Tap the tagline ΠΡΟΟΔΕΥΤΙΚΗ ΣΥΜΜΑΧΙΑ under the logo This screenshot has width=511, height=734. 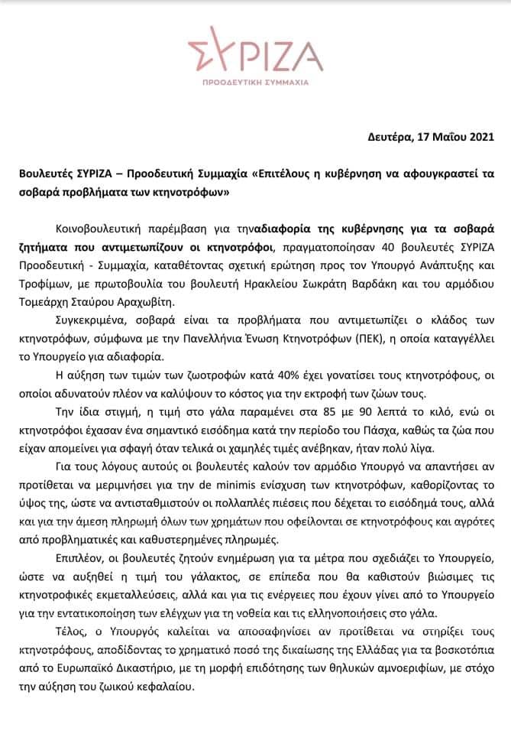tap(254, 80)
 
